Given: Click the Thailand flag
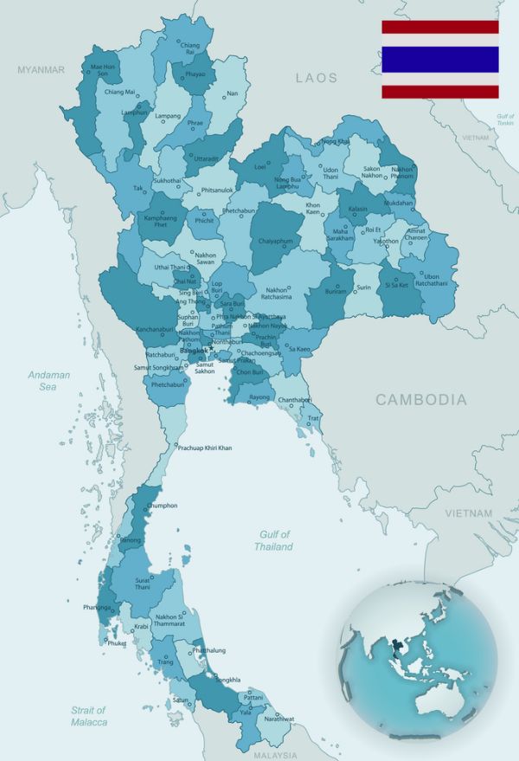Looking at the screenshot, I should [x=440, y=59].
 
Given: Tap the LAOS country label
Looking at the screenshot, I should [x=317, y=78].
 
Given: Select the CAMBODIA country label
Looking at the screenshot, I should [x=420, y=399].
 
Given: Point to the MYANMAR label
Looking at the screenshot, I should [x=41, y=69].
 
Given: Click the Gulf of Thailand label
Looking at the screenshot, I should [x=273, y=540].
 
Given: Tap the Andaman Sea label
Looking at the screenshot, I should [x=48, y=381].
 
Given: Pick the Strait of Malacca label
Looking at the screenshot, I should [x=89, y=716].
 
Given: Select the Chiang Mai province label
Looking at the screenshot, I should [x=119, y=92].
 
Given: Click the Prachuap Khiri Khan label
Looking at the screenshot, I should [x=205, y=448].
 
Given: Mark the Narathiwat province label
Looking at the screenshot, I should [x=279, y=719].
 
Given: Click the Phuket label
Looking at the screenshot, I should [x=116, y=643].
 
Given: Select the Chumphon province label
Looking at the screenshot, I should [x=162, y=505].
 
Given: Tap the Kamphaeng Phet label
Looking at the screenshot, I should [x=160, y=222].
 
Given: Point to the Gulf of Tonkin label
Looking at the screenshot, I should [x=504, y=119].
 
